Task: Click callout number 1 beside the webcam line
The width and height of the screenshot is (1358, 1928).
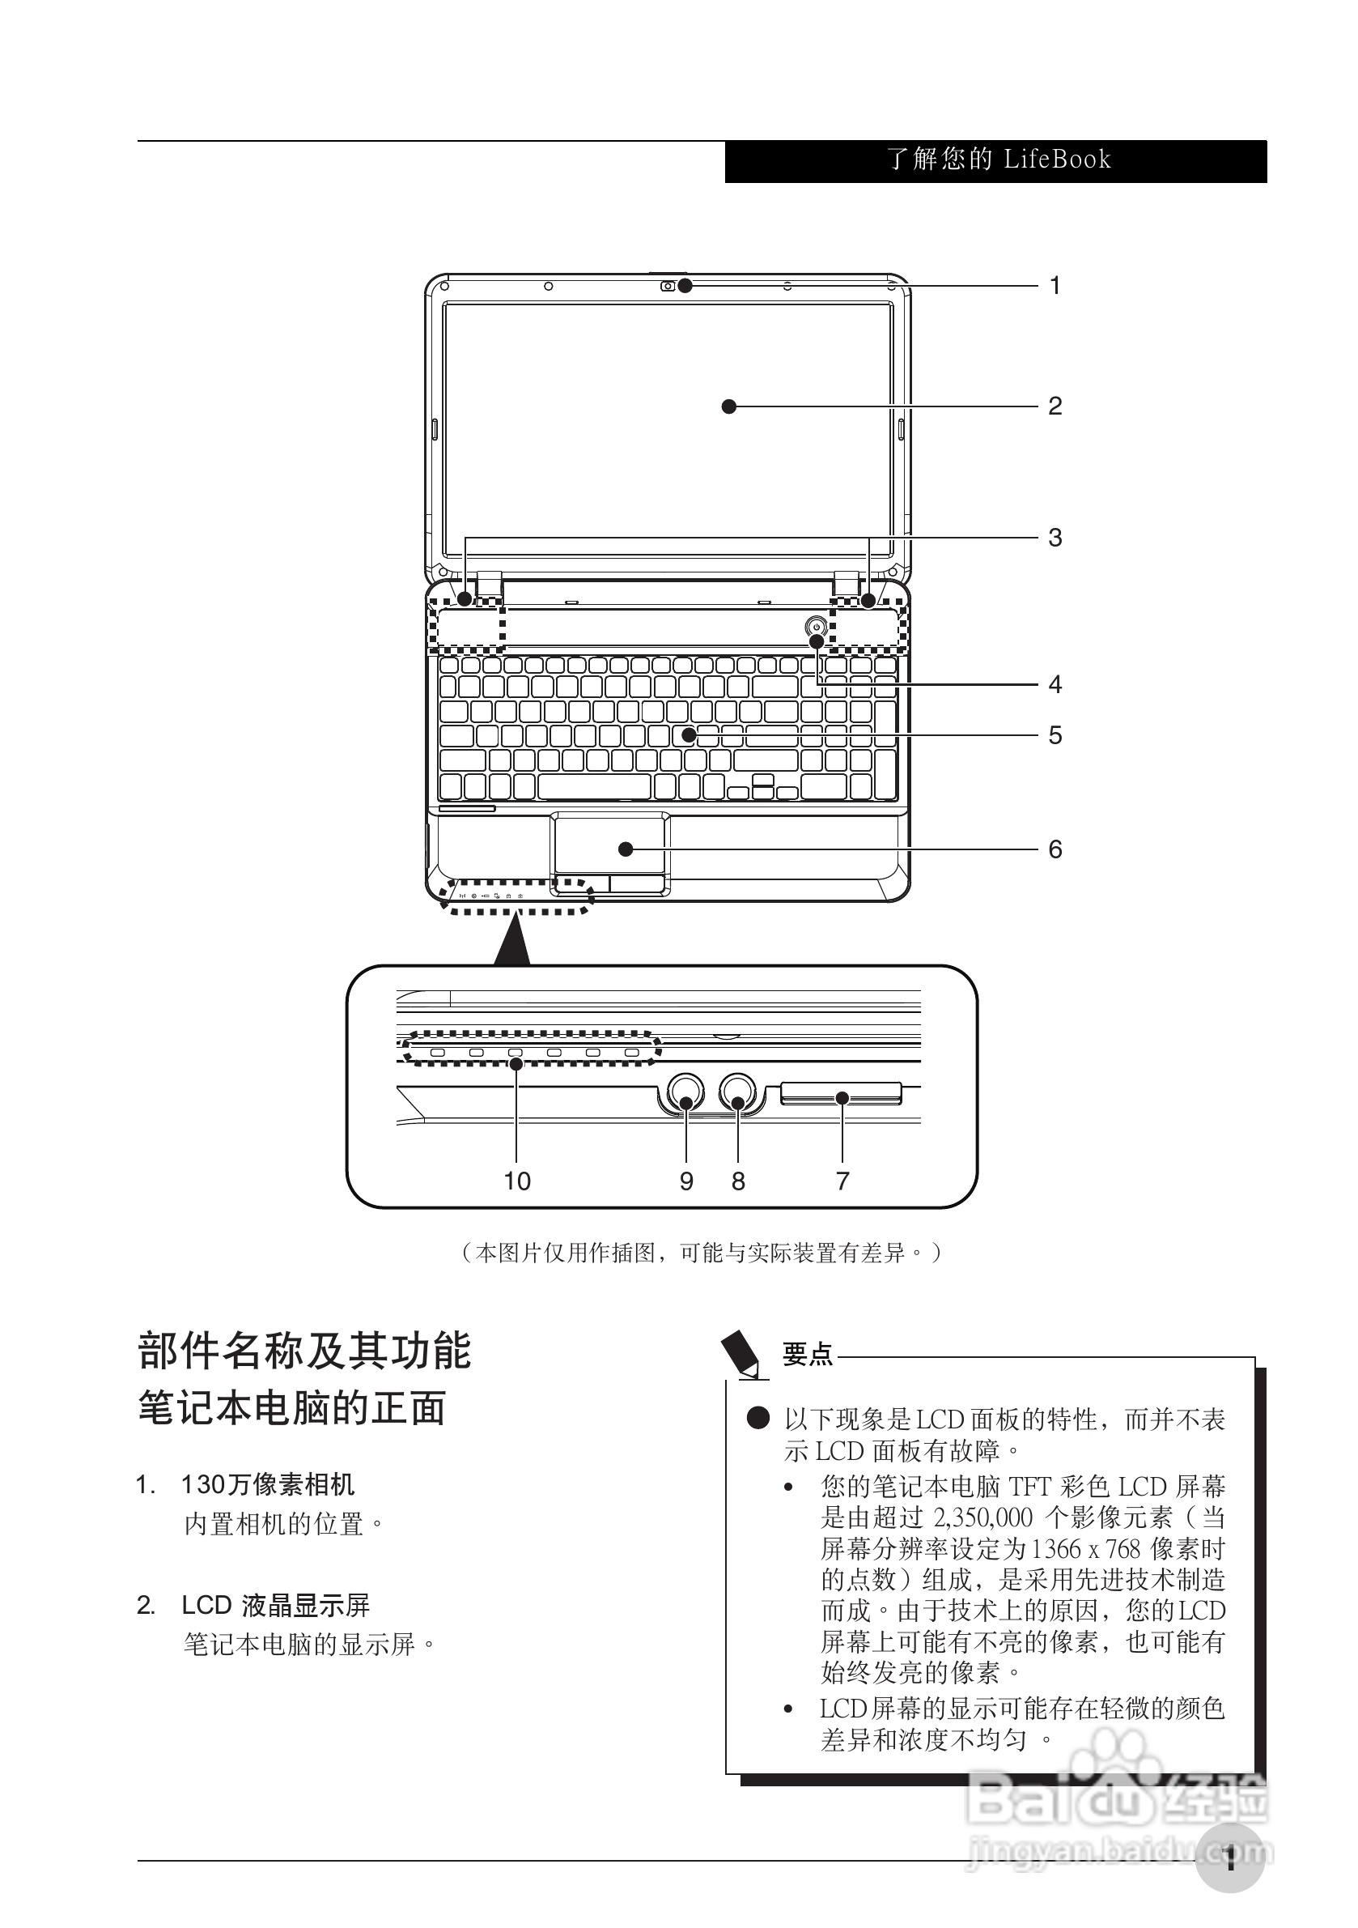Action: pos(1055,287)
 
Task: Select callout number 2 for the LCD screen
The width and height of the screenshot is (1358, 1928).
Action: pos(1055,406)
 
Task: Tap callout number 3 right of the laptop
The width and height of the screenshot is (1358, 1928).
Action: pos(1055,538)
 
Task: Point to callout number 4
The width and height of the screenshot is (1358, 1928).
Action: pos(1055,684)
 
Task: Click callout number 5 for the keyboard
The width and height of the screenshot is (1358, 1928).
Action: pos(1055,735)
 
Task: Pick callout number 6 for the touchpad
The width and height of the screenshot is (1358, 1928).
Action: pos(1055,849)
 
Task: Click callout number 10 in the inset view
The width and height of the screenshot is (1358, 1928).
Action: pos(517,1181)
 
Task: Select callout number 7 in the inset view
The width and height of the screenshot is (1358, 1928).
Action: pos(842,1181)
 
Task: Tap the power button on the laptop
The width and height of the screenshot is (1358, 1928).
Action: pos(816,627)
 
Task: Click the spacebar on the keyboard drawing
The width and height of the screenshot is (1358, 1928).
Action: pos(594,787)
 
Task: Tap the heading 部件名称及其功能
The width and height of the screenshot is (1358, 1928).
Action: pos(304,1351)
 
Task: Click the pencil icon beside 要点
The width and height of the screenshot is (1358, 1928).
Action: pos(743,1354)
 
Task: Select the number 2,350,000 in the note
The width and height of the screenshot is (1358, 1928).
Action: pos(982,1517)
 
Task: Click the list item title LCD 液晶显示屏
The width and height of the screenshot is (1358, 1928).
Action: pos(276,1606)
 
